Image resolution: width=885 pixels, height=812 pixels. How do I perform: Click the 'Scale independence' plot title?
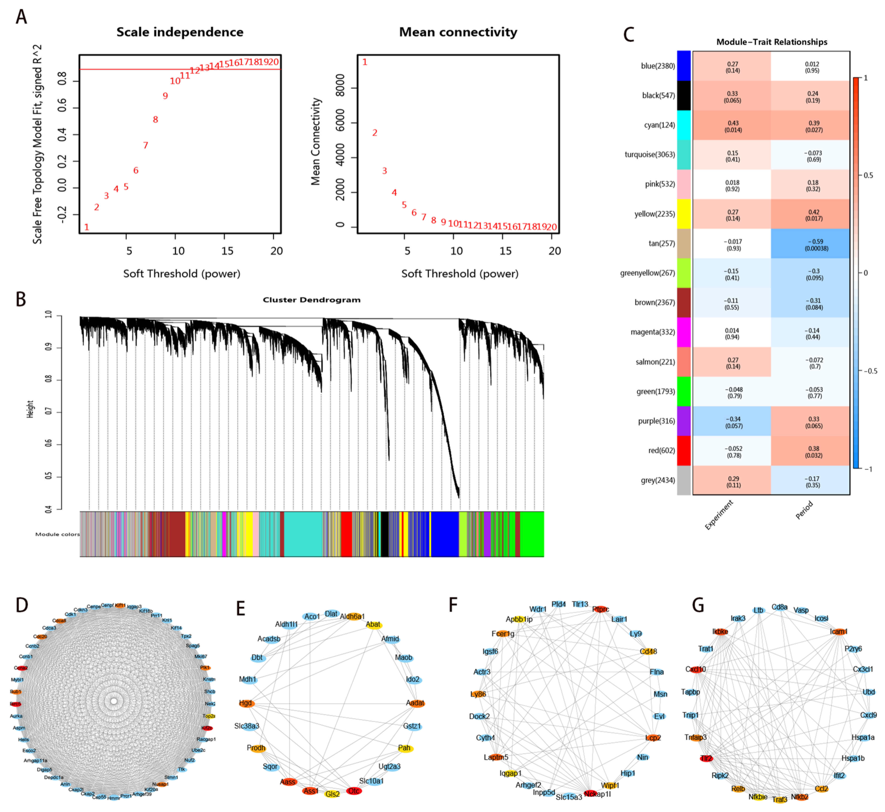coord(180,32)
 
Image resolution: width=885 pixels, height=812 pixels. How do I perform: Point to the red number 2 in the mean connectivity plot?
coord(375,133)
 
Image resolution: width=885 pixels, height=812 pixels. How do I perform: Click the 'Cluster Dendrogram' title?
coord(311,300)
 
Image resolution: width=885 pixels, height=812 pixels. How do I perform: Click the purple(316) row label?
coord(656,421)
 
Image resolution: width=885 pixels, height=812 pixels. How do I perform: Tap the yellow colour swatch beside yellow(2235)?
coord(684,214)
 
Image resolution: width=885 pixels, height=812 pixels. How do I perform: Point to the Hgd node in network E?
coord(246,703)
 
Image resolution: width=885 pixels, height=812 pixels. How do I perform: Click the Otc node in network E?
coord(354,791)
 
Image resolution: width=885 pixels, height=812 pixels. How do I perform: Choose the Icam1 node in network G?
coord(838,631)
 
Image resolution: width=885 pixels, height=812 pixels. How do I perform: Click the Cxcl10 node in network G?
coord(696,669)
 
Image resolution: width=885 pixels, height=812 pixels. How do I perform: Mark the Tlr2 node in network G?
coord(706,758)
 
